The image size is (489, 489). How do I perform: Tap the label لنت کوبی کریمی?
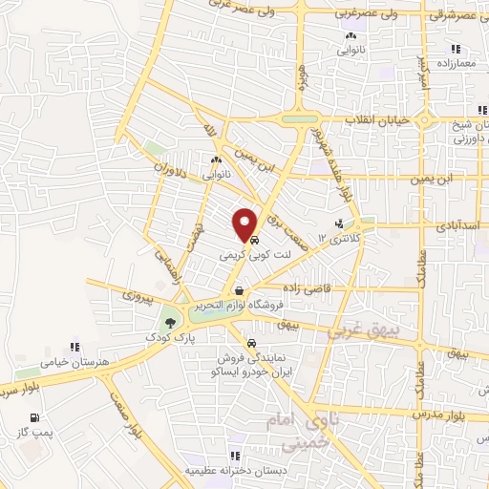pyautogui.click(x=247, y=256)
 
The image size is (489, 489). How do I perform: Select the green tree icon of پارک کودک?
pyautogui.click(x=170, y=322)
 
